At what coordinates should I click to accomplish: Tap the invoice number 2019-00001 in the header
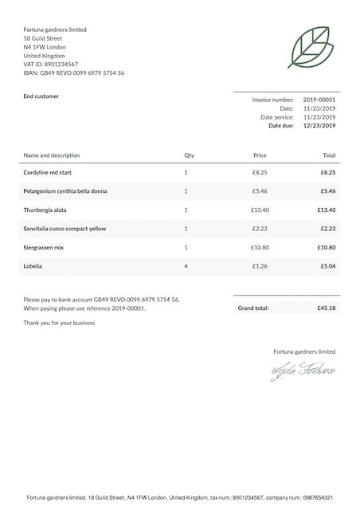coord(319,100)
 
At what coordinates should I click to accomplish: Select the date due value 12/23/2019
coord(319,126)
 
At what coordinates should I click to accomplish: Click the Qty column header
coord(189,155)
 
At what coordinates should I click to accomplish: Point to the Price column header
coord(260,155)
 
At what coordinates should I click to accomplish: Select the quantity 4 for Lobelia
coord(186,265)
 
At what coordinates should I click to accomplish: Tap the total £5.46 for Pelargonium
coord(328,191)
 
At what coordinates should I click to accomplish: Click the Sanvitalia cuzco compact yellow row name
coord(65,229)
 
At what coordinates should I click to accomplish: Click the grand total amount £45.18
coord(326,308)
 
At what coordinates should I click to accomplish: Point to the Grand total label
coord(253,308)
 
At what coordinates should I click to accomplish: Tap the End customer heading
coord(41,96)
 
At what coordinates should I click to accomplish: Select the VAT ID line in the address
coord(51,65)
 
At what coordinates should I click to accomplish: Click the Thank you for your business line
coord(59,323)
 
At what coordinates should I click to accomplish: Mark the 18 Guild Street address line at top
coord(43,38)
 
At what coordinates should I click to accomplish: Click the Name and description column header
coord(52,155)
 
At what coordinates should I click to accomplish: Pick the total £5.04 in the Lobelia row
coord(328,265)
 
